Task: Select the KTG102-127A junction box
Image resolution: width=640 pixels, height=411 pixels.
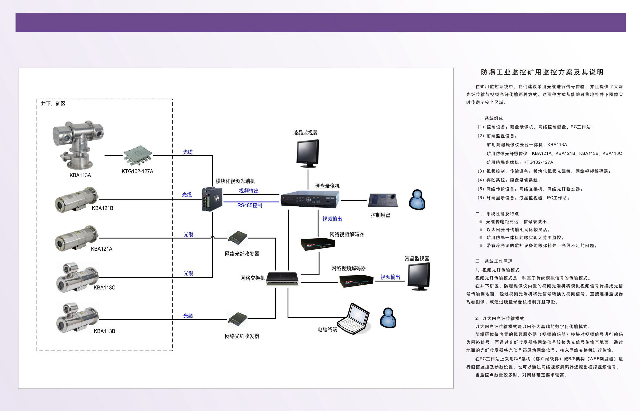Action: pos(138,156)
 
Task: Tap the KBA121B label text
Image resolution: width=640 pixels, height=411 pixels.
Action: pos(103,208)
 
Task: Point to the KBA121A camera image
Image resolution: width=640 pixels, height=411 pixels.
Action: pos(77,238)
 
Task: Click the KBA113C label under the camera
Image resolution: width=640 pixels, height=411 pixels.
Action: pos(104,288)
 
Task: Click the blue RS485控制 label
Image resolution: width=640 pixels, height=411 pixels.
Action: pos(250,205)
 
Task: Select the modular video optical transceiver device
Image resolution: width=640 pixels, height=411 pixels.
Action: pos(212,199)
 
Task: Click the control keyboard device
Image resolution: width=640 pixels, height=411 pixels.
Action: pos(383,200)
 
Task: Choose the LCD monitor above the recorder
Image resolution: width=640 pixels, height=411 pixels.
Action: pos(308,153)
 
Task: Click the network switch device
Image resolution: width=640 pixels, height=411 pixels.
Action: pos(282,278)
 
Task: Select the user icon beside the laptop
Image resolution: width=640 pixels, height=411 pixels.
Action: pos(388,318)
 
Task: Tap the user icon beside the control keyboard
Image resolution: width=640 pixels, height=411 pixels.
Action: pos(417,200)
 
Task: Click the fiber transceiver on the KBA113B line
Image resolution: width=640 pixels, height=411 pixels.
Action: pos(237,319)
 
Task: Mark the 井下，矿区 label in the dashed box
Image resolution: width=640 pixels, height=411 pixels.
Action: pos(53,104)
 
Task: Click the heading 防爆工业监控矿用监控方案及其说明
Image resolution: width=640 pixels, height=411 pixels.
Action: pos(542,72)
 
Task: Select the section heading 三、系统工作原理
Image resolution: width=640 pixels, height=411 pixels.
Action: pos(494,261)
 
